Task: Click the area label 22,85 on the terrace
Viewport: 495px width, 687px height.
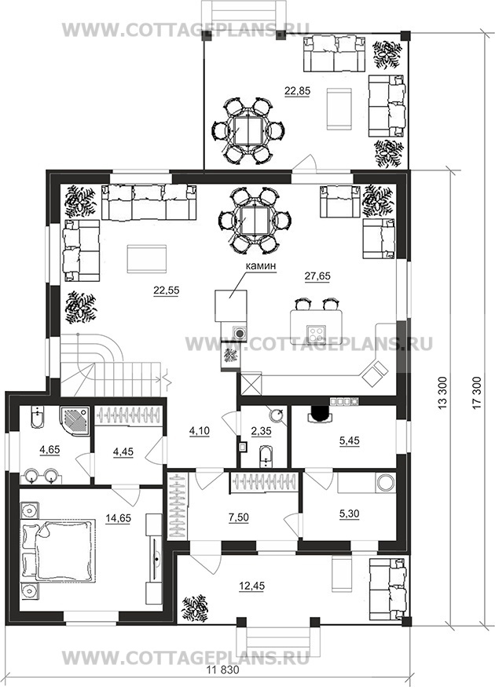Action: click(x=297, y=91)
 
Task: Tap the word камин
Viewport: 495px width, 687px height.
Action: click(x=261, y=265)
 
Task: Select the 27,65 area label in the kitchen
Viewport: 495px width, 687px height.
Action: click(x=317, y=276)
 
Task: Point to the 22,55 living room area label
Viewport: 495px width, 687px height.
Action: click(x=166, y=290)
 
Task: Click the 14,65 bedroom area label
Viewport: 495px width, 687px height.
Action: click(x=119, y=518)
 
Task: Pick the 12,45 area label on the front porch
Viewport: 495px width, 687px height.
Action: click(x=252, y=587)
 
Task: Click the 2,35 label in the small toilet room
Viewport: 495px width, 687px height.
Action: click(x=262, y=431)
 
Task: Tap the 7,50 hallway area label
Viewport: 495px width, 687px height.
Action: click(x=239, y=517)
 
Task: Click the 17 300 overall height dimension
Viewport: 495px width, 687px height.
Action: click(x=477, y=393)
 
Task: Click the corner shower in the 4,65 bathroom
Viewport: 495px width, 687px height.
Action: click(x=75, y=422)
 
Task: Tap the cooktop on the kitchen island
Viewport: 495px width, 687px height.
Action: click(x=317, y=334)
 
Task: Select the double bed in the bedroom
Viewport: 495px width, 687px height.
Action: click(x=58, y=551)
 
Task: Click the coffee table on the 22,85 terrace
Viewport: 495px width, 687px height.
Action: click(x=339, y=108)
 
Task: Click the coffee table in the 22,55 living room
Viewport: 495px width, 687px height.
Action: click(x=146, y=258)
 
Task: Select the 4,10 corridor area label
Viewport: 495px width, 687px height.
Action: click(x=200, y=431)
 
